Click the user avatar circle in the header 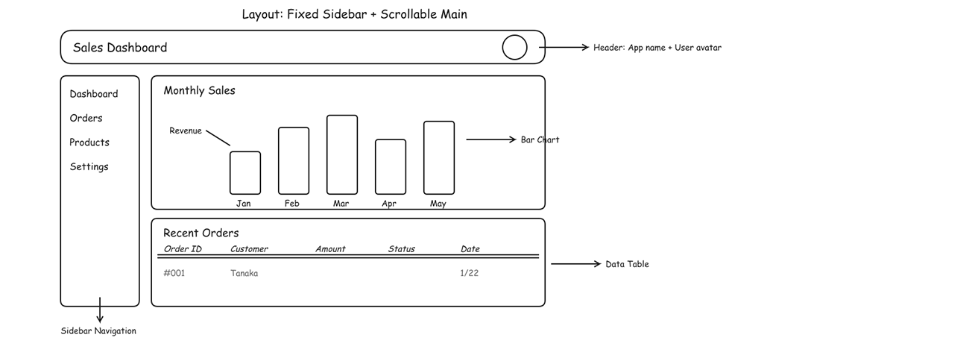pos(514,48)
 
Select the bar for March pos(342,154)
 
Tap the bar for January pos(245,172)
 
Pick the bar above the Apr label pos(391,166)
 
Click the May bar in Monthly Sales pos(439,157)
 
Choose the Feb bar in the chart pos(294,160)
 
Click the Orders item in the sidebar pos(86,118)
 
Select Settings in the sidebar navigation pos(89,166)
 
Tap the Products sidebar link pos(89,142)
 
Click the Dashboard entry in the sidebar pos(94,94)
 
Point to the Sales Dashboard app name pos(120,48)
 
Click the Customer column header pos(249,249)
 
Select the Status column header pos(402,249)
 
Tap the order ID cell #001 pos(174,273)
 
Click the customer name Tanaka pos(244,273)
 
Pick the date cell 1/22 pos(470,273)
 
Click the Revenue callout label pos(186,131)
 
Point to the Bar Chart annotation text pos(540,139)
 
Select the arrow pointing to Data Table pos(575,264)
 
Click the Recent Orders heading pos(201,233)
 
